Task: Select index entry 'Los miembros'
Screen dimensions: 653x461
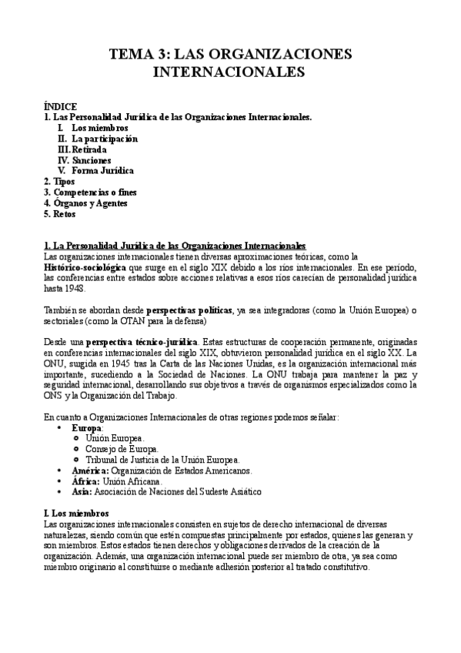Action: [100, 127]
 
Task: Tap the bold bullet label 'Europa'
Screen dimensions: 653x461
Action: [86, 427]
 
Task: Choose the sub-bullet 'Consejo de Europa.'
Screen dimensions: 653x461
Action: [122, 448]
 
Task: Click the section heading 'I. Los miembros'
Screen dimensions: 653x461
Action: [76, 513]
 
